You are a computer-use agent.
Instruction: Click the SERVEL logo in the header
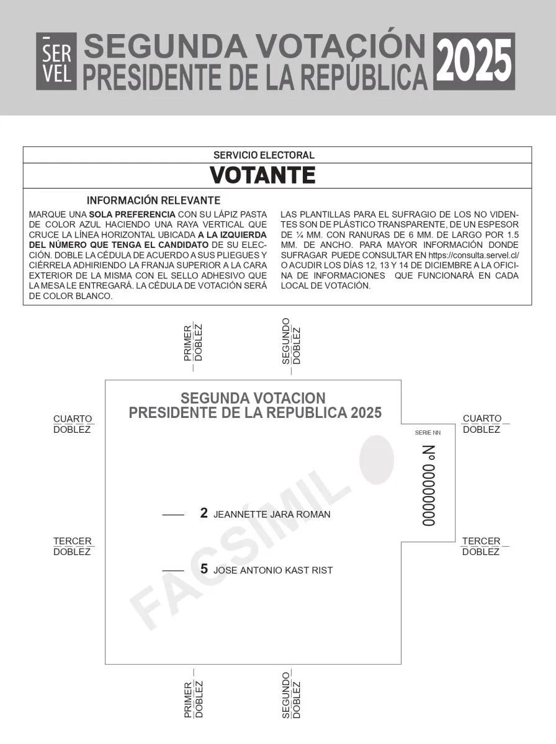point(56,61)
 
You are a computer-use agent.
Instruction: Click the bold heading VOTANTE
point(262,175)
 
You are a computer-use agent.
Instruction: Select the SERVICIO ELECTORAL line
point(264,155)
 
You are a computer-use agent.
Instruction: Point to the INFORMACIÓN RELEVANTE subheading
point(153,201)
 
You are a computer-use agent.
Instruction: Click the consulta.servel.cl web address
point(473,255)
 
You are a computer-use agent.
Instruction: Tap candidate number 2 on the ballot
point(204,513)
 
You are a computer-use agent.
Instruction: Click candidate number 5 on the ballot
point(204,569)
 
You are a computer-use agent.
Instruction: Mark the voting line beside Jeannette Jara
point(173,515)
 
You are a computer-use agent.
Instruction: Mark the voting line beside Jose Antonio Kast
point(173,570)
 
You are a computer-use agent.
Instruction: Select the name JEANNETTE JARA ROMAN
point(272,515)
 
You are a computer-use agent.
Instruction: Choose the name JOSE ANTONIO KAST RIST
point(273,570)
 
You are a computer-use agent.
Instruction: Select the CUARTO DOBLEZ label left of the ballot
point(73,424)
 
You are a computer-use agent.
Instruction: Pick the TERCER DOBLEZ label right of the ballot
point(481,546)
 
